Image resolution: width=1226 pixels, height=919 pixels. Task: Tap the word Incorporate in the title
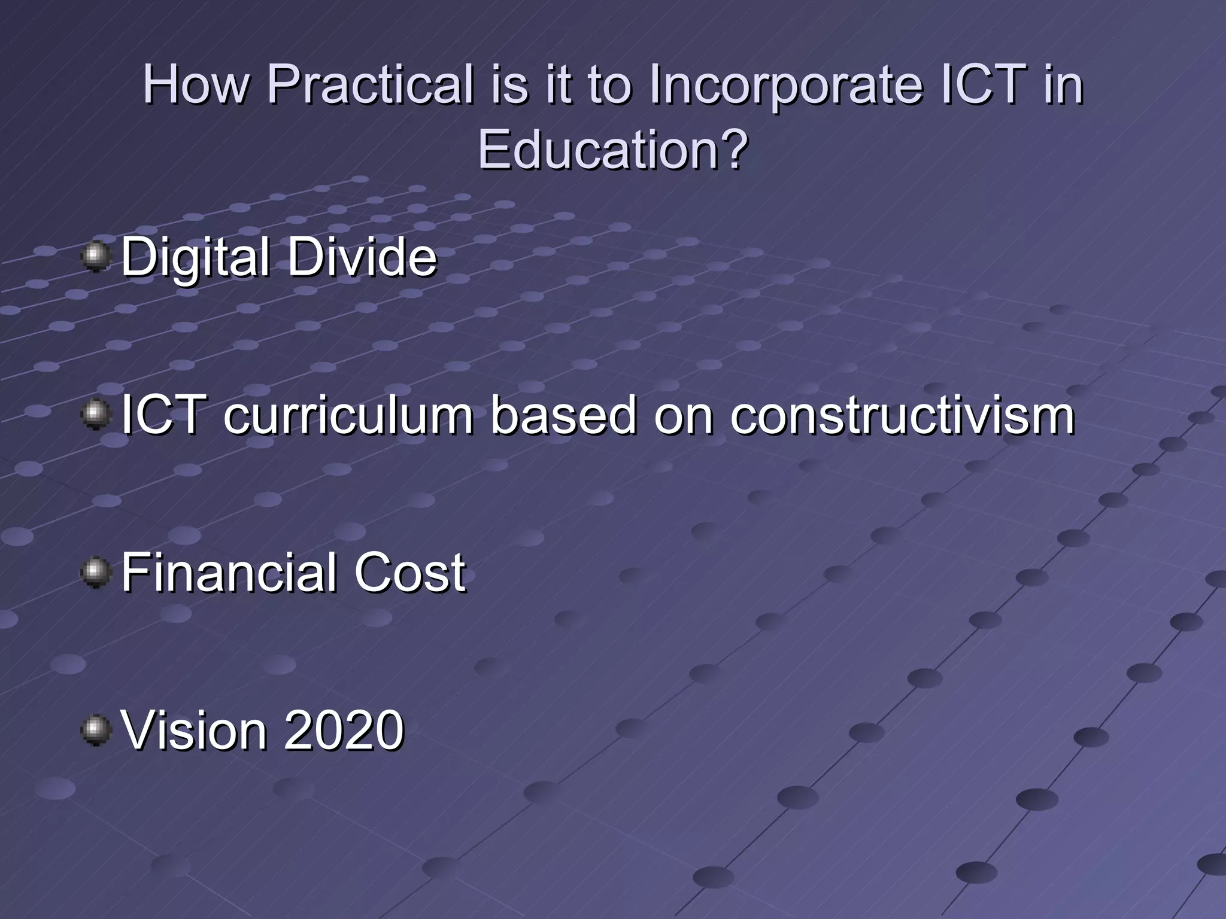pos(787,86)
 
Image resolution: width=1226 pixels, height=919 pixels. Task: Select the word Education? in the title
pos(612,150)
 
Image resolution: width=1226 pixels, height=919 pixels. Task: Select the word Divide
pos(362,257)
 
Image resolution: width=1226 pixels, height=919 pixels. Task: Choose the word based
pos(564,416)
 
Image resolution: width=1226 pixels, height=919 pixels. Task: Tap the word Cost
pos(409,573)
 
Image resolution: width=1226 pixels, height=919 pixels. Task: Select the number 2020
pos(344,731)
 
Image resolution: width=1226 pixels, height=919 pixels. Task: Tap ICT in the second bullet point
pos(160,416)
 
